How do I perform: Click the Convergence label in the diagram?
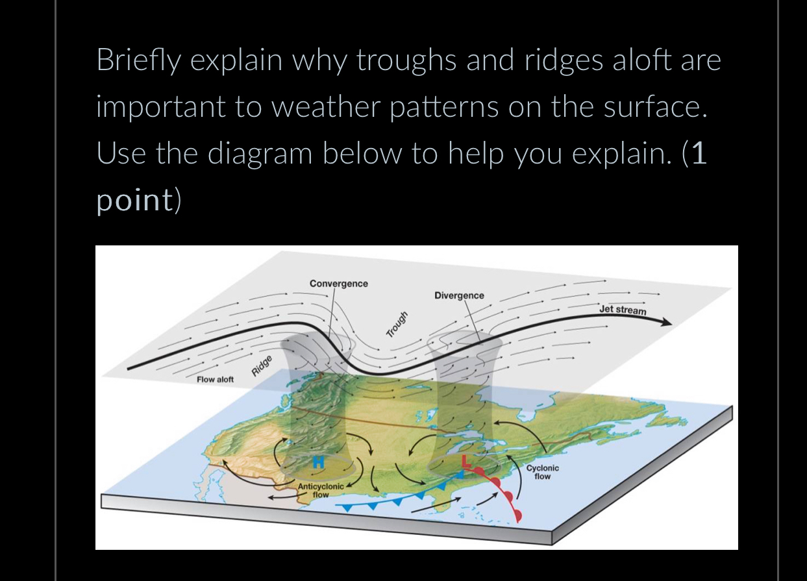point(338,284)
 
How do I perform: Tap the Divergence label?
point(459,295)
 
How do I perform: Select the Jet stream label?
point(623,310)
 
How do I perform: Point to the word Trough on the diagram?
point(397,325)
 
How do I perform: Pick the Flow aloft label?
point(215,379)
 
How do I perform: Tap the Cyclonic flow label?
point(542,472)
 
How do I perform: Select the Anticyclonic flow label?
point(321,490)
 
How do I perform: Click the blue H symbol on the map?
point(318,462)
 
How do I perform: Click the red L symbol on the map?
point(465,462)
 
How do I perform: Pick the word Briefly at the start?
point(138,61)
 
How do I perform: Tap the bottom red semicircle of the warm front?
point(517,515)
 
